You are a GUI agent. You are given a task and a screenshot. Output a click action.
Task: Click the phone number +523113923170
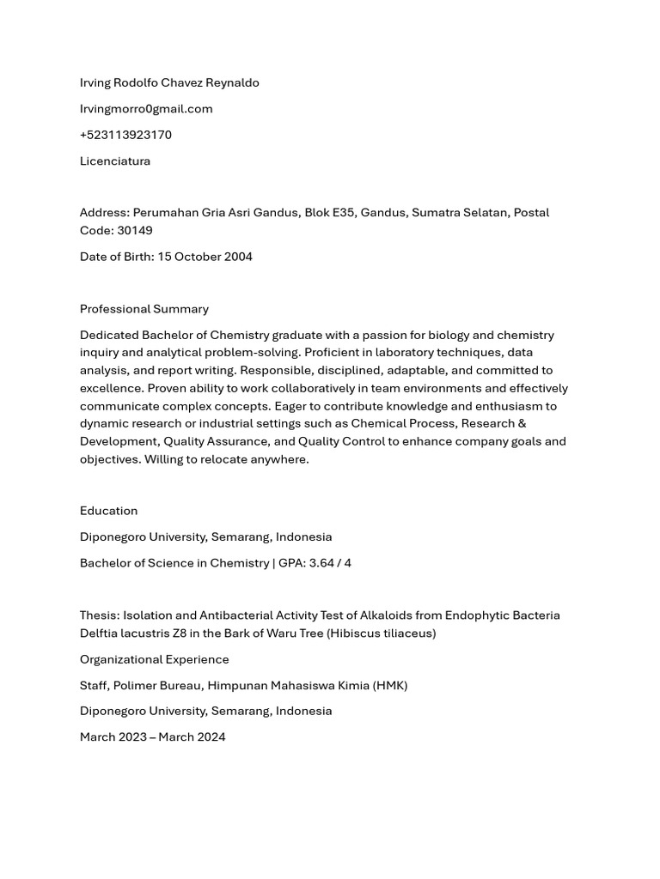click(125, 135)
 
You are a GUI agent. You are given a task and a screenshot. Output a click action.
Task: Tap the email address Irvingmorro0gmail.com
click(146, 108)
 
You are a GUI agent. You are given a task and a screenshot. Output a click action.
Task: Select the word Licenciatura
click(115, 161)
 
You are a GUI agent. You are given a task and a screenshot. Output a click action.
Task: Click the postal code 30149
click(135, 230)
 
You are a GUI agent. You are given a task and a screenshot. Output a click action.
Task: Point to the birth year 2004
click(237, 257)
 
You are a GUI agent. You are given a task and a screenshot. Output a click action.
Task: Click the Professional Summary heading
click(144, 309)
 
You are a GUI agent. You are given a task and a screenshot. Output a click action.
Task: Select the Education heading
click(108, 511)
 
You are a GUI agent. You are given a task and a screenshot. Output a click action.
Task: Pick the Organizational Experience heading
click(155, 659)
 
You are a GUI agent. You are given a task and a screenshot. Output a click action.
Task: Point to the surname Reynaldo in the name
click(232, 82)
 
